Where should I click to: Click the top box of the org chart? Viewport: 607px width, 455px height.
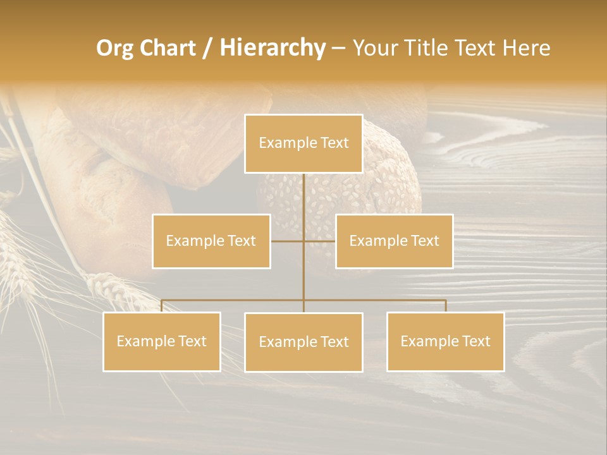[x=303, y=143]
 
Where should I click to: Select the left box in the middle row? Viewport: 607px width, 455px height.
[x=211, y=241]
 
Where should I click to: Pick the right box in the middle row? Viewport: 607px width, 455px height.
[x=394, y=241]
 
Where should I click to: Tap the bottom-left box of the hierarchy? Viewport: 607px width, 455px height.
[x=162, y=341]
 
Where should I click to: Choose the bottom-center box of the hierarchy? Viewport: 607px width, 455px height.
[x=303, y=342]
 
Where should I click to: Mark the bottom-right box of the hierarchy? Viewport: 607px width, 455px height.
[x=445, y=341]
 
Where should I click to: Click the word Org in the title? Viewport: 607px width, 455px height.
[x=114, y=48]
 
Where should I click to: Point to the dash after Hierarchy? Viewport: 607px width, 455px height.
[x=338, y=48]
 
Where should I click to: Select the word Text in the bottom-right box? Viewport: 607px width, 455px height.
[x=476, y=341]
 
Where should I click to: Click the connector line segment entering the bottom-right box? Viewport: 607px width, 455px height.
[x=446, y=306]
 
